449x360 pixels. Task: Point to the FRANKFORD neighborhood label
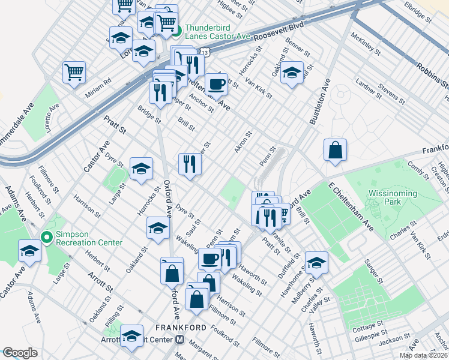tap(181, 328)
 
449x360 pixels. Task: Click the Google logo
tap(19, 353)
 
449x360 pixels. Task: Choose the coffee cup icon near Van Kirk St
tap(216, 84)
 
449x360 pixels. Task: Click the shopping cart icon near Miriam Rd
tap(74, 71)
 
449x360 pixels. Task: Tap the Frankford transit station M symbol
tap(180, 340)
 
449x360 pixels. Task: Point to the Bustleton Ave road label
tap(320, 103)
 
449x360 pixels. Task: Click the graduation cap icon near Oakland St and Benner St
tap(292, 73)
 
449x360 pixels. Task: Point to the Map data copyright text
tap(423, 355)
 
